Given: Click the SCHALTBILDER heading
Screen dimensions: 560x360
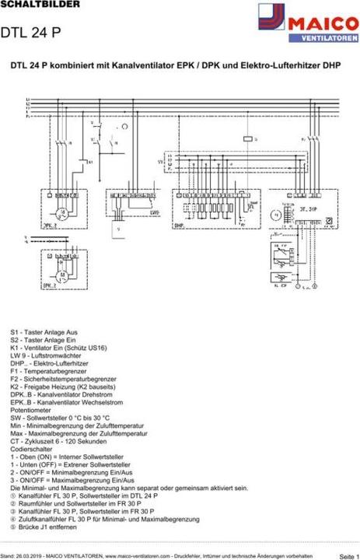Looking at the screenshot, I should (x=30, y=5).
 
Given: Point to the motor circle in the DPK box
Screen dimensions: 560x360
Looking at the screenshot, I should (x=60, y=211).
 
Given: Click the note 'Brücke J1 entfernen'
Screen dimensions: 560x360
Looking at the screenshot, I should (x=50, y=527).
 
